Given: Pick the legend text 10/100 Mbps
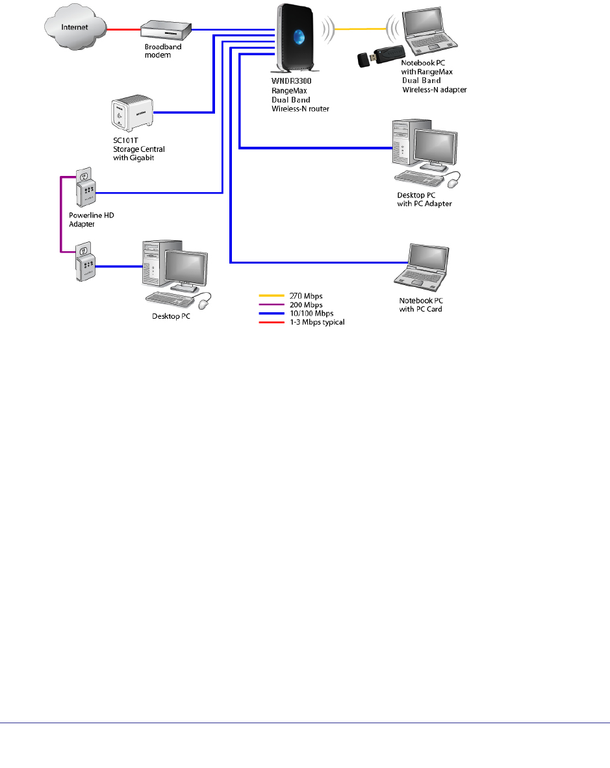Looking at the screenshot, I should pos(311,314).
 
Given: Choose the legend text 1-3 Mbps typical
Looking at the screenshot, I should pos(316,322).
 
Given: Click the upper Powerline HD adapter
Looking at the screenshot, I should pos(85,188).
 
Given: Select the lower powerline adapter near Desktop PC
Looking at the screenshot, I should pos(85,263).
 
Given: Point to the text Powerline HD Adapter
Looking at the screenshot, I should pos(86,220).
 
